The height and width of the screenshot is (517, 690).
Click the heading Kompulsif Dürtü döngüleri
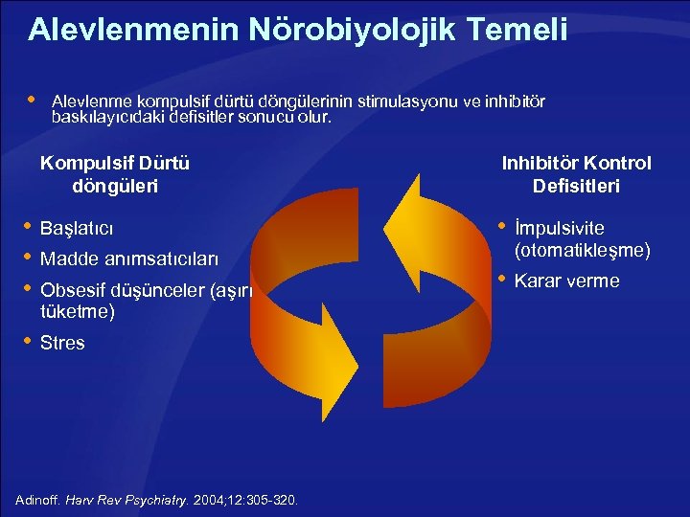[115, 174]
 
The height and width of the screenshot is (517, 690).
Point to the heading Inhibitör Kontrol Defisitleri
[576, 174]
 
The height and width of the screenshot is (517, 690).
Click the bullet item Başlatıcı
[77, 229]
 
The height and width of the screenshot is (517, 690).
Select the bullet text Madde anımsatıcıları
[129, 259]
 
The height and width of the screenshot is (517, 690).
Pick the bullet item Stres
[62, 343]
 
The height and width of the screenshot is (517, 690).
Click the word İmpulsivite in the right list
[560, 229]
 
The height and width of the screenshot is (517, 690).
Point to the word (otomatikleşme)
[583, 251]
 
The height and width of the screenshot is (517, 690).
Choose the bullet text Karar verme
[567, 281]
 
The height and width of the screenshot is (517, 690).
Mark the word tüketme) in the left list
[77, 312]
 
